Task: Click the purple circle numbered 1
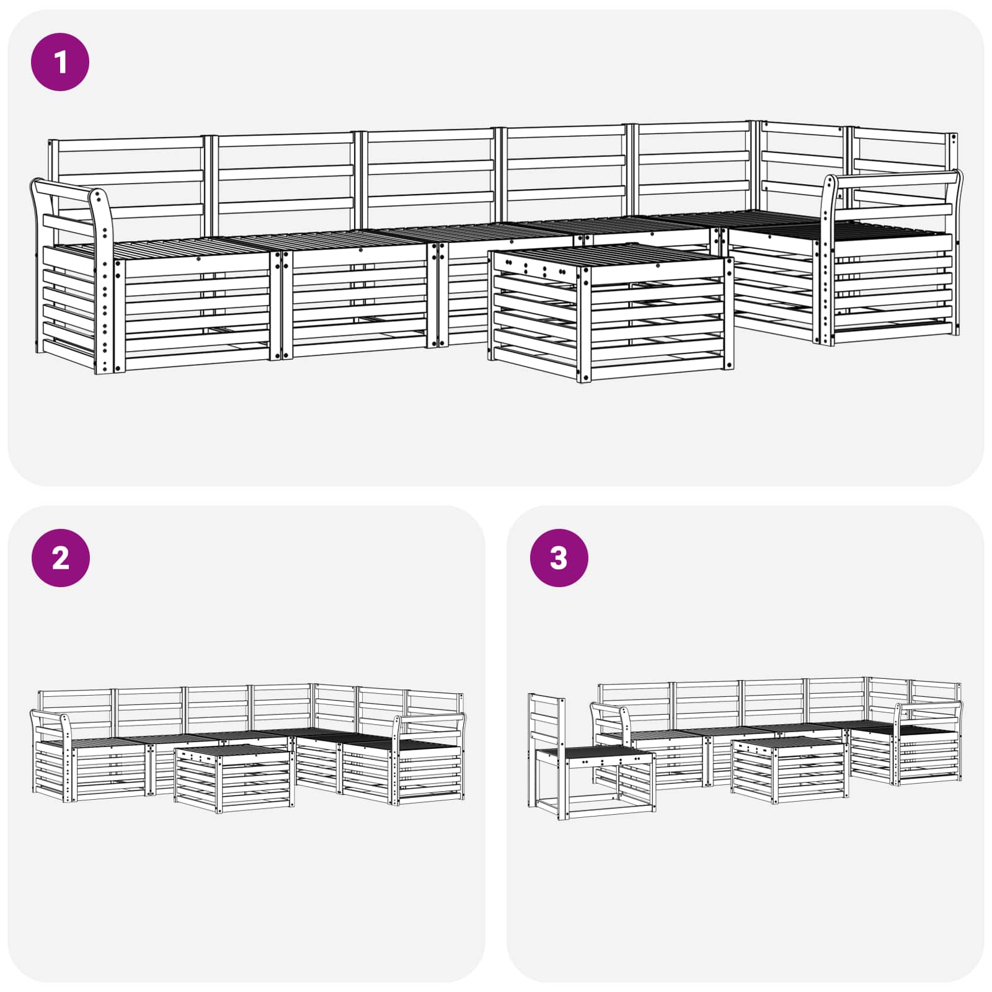(60, 62)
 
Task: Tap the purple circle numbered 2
(60, 558)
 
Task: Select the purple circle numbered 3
(559, 558)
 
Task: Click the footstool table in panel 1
(611, 310)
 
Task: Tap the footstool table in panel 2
(232, 778)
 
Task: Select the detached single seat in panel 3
(592, 769)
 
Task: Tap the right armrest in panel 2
(431, 719)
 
